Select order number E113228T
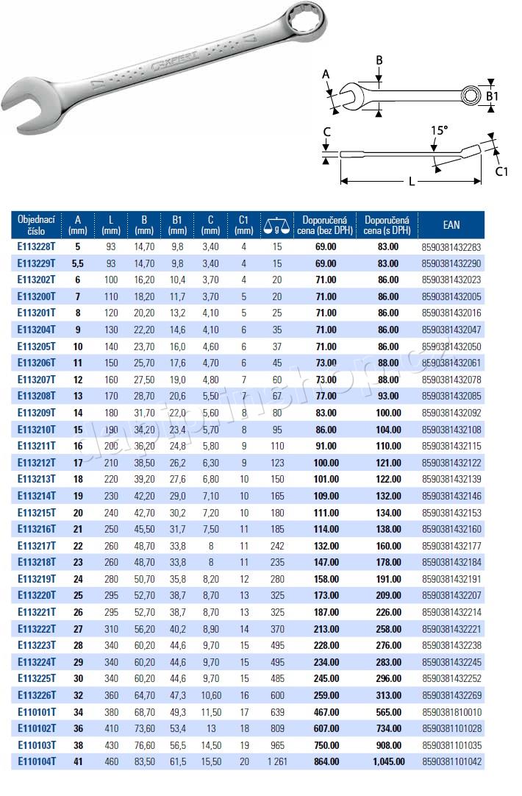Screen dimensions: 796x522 tap(37, 247)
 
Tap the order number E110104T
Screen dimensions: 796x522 tap(37, 761)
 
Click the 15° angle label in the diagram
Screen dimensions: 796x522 tap(439, 130)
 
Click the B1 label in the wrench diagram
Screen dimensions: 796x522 tap(492, 96)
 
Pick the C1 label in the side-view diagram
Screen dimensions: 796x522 tap(501, 171)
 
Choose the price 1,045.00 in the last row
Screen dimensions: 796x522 tap(388, 761)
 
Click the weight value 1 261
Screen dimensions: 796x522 tap(277, 761)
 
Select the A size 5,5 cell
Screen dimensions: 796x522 tap(78, 263)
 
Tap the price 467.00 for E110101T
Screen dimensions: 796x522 tap(325, 712)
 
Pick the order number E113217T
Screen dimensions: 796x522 tap(37, 545)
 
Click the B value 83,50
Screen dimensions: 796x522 tap(145, 761)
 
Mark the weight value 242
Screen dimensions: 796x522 tap(277, 545)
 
